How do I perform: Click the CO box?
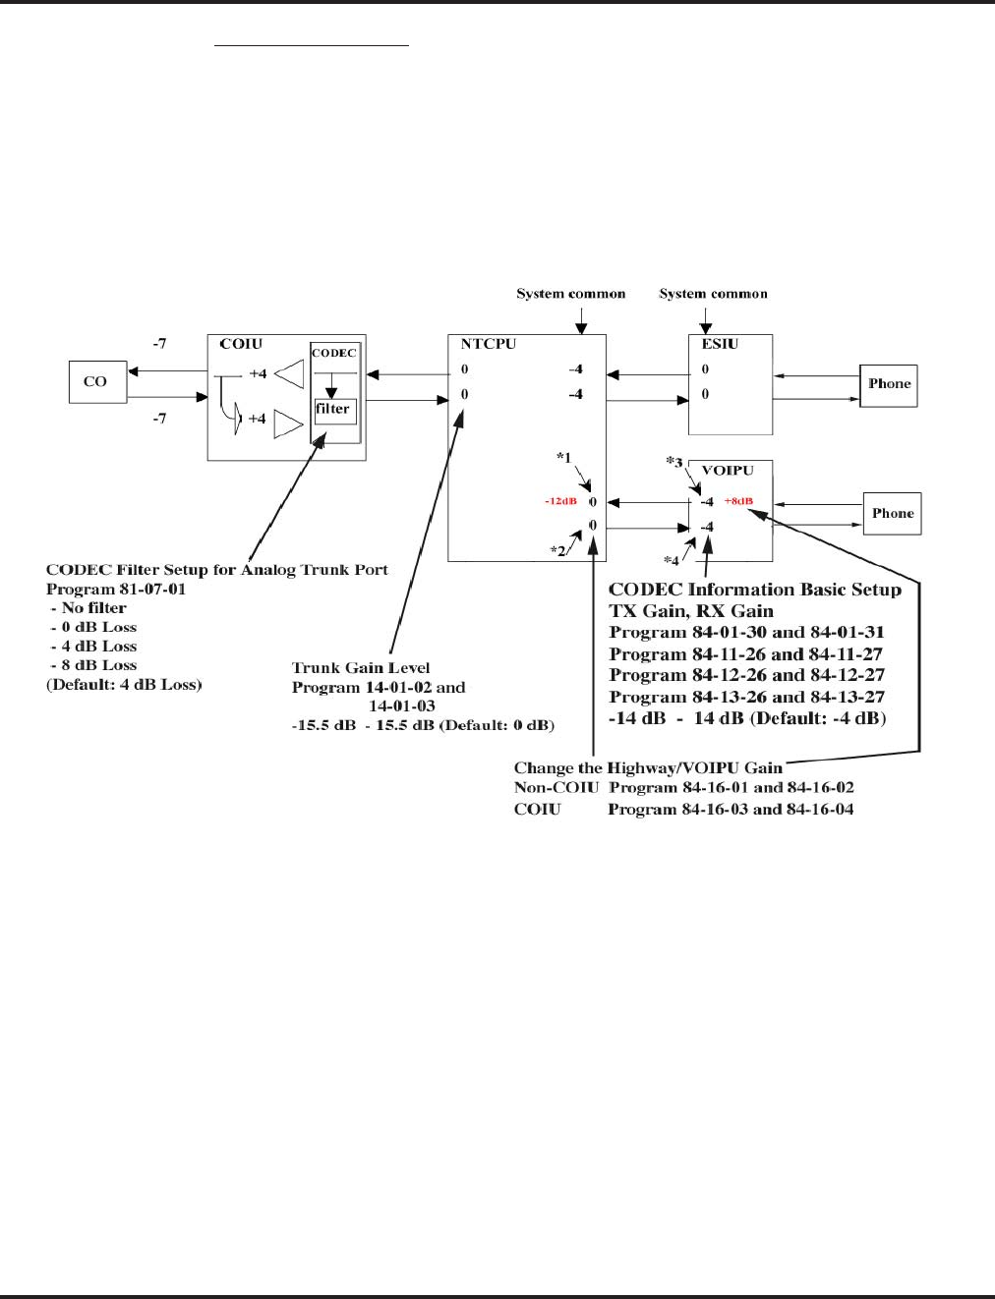97,381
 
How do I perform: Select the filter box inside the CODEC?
333,409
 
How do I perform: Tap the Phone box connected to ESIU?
889,384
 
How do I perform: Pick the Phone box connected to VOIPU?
892,513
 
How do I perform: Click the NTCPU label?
488,344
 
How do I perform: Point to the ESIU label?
720,344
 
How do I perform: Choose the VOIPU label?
728,471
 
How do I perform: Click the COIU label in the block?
241,344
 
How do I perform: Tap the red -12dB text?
560,501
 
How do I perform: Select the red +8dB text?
738,501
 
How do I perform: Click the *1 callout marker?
563,457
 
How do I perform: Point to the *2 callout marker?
557,550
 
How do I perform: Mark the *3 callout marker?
673,462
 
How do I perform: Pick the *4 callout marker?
671,561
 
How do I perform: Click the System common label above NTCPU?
571,294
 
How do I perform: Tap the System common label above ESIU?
713,294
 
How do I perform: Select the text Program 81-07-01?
116,589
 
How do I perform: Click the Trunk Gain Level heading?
361,668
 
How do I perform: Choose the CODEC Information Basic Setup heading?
754,590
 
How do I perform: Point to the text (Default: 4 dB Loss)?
124,684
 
